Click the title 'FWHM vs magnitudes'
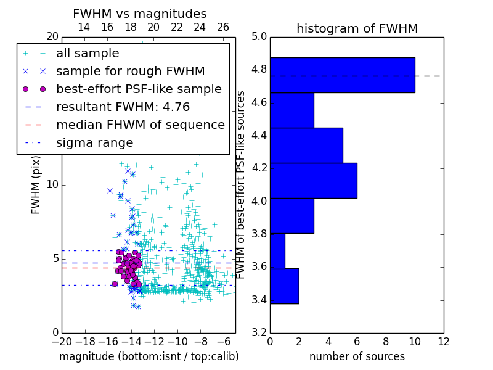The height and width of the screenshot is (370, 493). coord(140,14)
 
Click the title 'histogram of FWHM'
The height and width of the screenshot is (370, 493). coord(357,28)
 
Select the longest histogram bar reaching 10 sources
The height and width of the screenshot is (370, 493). coord(342,75)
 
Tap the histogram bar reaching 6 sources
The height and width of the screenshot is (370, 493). coord(313,180)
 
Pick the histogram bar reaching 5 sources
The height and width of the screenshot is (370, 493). coord(306,145)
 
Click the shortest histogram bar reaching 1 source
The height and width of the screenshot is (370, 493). coord(277,251)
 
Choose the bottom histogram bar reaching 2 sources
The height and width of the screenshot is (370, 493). coord(284,286)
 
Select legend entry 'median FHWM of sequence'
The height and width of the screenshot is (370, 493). coord(140,125)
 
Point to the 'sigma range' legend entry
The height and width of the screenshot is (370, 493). coord(94,142)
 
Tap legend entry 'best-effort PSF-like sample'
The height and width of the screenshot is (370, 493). coord(139,89)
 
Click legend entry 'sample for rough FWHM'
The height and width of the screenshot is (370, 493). coord(130,71)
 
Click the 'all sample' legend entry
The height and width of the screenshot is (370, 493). coord(88,54)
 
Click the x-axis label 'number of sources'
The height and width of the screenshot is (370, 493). coord(357,356)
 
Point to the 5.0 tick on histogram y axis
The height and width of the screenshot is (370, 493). coord(259,36)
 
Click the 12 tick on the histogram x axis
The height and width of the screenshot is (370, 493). coord(443,341)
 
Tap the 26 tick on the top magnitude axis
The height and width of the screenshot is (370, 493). coord(223,27)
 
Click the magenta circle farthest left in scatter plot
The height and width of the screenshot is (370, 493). coord(115,284)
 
